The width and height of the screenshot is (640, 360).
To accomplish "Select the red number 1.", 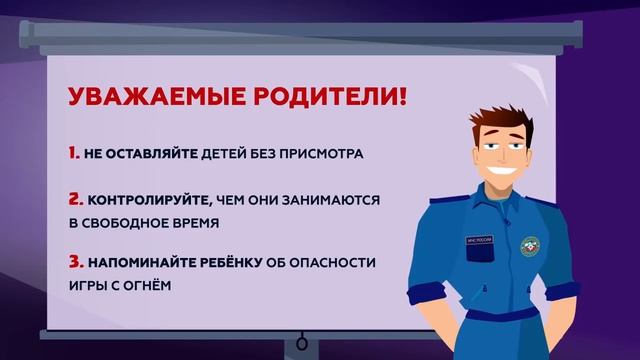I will pyautogui.click(x=73, y=154).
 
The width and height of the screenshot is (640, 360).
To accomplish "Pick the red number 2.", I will pyautogui.click(x=75, y=199).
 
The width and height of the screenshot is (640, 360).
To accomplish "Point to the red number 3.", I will pyautogui.click(x=75, y=263).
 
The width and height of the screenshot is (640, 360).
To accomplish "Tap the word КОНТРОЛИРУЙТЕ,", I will pyautogui.click(x=148, y=200).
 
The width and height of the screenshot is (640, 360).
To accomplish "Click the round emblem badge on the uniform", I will pyautogui.click(x=530, y=245).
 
